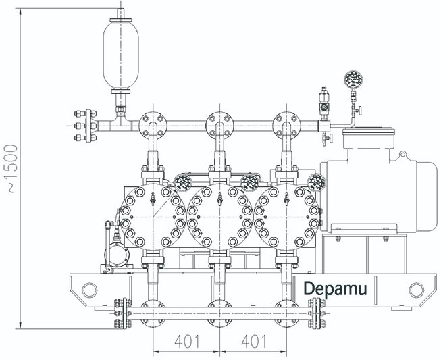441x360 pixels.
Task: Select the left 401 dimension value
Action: click(186, 342)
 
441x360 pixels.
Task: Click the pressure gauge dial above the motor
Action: click(351, 80)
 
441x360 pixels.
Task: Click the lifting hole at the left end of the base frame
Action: click(89, 290)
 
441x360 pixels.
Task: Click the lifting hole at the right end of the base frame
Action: click(417, 290)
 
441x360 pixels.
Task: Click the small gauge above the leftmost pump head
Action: click(182, 180)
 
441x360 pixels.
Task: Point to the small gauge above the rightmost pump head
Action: click(315, 181)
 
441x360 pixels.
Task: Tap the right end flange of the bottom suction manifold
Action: click(315, 313)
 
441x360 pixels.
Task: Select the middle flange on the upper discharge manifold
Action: click(219, 125)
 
